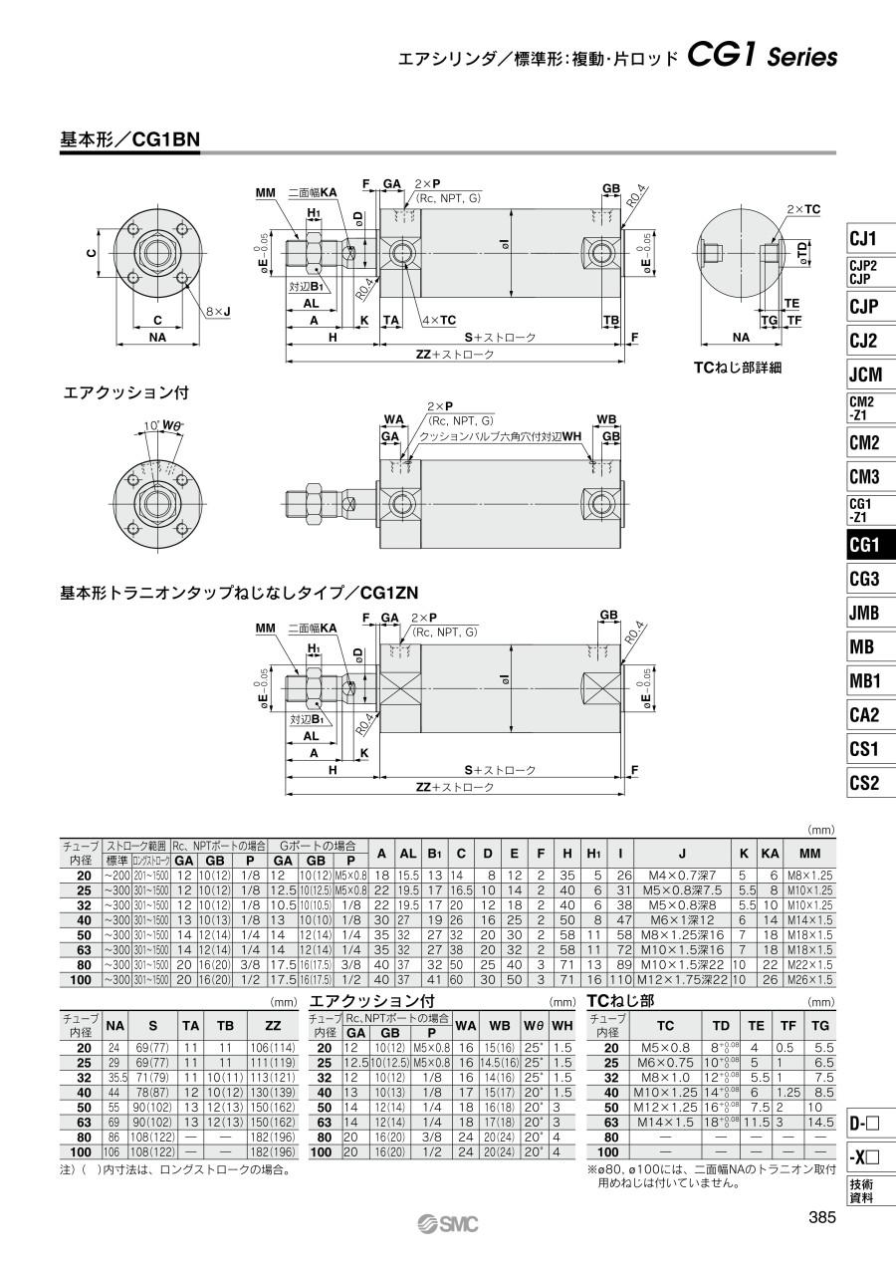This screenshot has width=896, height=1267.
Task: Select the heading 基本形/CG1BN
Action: pyautogui.click(x=131, y=141)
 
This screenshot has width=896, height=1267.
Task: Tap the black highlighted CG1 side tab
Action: pyautogui.click(x=864, y=545)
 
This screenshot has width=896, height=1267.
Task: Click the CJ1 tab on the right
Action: pyautogui.click(x=864, y=239)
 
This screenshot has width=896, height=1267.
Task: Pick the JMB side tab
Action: pyautogui.click(x=864, y=614)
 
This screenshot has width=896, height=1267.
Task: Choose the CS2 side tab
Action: pyautogui.click(x=864, y=783)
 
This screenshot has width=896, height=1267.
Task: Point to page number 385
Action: pyautogui.click(x=821, y=1217)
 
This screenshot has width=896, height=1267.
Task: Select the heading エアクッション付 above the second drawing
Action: pyautogui.click(x=126, y=393)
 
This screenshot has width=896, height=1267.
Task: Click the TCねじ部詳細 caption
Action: pyautogui.click(x=738, y=368)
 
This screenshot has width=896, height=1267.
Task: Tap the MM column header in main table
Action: pyautogui.click(x=809, y=854)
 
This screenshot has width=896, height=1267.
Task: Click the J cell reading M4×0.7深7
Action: pyautogui.click(x=682, y=874)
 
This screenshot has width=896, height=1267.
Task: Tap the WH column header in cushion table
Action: pyautogui.click(x=562, y=1025)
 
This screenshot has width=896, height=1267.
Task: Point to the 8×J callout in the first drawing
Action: pyautogui.click(x=218, y=312)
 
